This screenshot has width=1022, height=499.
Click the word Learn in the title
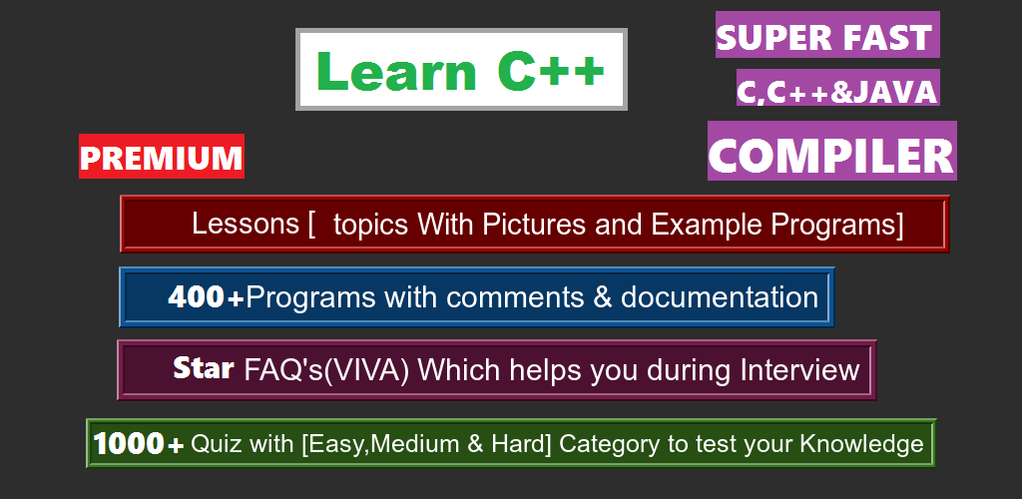(x=397, y=70)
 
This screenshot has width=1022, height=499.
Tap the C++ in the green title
(x=551, y=69)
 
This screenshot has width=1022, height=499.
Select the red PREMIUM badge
(x=162, y=157)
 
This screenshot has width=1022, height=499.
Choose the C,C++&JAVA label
(x=837, y=91)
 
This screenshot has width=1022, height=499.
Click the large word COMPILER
(x=831, y=155)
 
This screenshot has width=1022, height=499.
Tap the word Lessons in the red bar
(x=246, y=224)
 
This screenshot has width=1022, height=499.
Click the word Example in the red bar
(x=708, y=225)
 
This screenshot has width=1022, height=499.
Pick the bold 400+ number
(x=206, y=297)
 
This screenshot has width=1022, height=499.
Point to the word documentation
(x=719, y=297)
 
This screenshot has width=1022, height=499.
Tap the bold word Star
(x=204, y=368)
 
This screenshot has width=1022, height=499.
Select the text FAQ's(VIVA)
(x=326, y=370)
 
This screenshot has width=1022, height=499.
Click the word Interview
(x=799, y=370)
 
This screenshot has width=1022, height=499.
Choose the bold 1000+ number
(x=138, y=444)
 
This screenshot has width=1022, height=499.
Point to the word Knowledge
(x=861, y=444)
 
